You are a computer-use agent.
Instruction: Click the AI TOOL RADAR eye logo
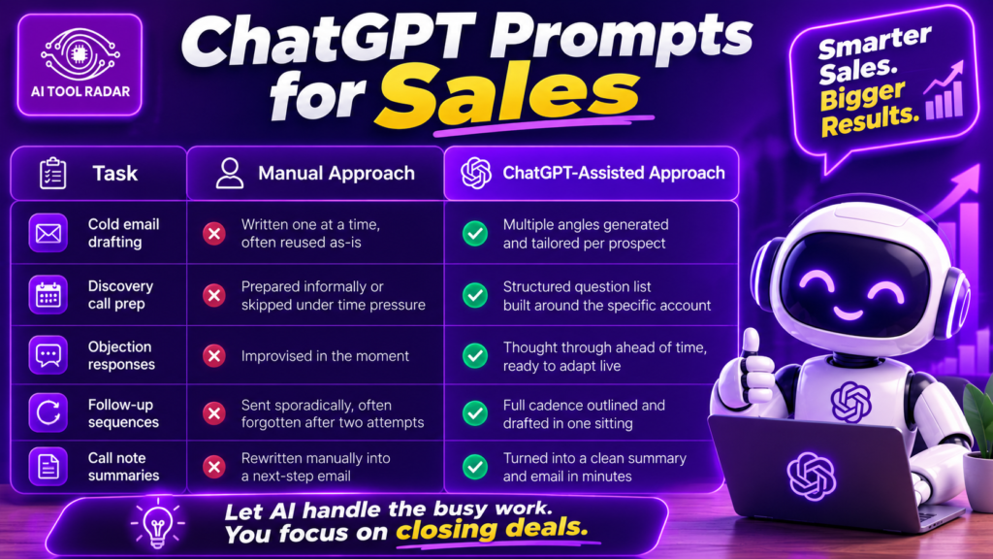point(80,55)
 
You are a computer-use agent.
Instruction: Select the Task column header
point(98,173)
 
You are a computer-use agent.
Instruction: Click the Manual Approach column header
point(315,173)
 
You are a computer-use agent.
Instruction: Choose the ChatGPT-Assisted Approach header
point(592,173)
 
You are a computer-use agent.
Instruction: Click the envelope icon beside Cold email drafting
point(48,233)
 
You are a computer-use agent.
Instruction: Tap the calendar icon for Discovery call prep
point(48,295)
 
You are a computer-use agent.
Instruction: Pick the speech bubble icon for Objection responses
point(48,355)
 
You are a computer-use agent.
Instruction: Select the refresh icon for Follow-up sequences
point(48,412)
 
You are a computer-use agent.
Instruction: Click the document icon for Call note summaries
point(48,467)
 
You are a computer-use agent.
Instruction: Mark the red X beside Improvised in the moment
point(214,355)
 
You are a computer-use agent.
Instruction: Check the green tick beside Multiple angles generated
point(474,233)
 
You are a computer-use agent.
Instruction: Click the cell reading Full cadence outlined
point(584,413)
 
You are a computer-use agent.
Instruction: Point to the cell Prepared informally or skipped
point(334,295)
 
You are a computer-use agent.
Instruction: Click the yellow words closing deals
point(492,528)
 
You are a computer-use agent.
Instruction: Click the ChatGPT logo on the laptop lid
point(812,476)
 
